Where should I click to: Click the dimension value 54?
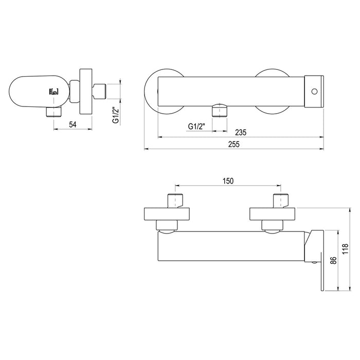(x=73, y=124)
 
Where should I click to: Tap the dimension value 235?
(x=241, y=133)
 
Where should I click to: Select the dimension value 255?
(x=233, y=144)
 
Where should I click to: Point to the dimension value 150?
(x=228, y=181)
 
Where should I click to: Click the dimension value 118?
(x=345, y=248)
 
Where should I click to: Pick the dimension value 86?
(x=334, y=260)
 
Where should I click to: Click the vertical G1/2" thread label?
(x=116, y=115)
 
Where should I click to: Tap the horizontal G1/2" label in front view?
(x=196, y=127)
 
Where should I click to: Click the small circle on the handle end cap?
(x=314, y=92)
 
